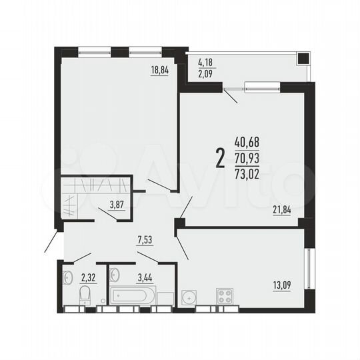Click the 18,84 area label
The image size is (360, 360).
pos(159,69)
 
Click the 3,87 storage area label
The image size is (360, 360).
pos(117,205)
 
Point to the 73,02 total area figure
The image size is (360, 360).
pos(247,171)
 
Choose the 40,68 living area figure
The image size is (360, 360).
pos(247,141)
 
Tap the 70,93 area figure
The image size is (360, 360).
pos(247,157)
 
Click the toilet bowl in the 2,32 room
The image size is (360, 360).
pos(85,297)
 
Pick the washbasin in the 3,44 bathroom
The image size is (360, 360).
pos(115,274)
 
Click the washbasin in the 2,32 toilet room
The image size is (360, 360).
pos(67,277)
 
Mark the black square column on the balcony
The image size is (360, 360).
pos(303,57)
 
